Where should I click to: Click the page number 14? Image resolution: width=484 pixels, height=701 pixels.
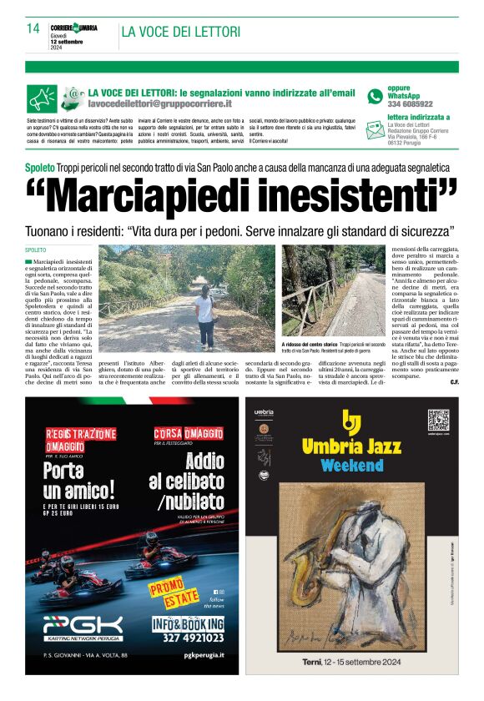[33, 28]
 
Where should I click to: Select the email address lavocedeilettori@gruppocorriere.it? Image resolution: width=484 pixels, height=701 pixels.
[160, 103]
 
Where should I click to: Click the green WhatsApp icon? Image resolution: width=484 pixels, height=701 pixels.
[375, 96]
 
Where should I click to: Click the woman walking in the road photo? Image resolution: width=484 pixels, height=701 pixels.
[204, 316]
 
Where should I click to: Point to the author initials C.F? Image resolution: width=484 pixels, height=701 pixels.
[454, 381]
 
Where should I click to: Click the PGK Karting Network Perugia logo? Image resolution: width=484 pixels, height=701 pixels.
[83, 627]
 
